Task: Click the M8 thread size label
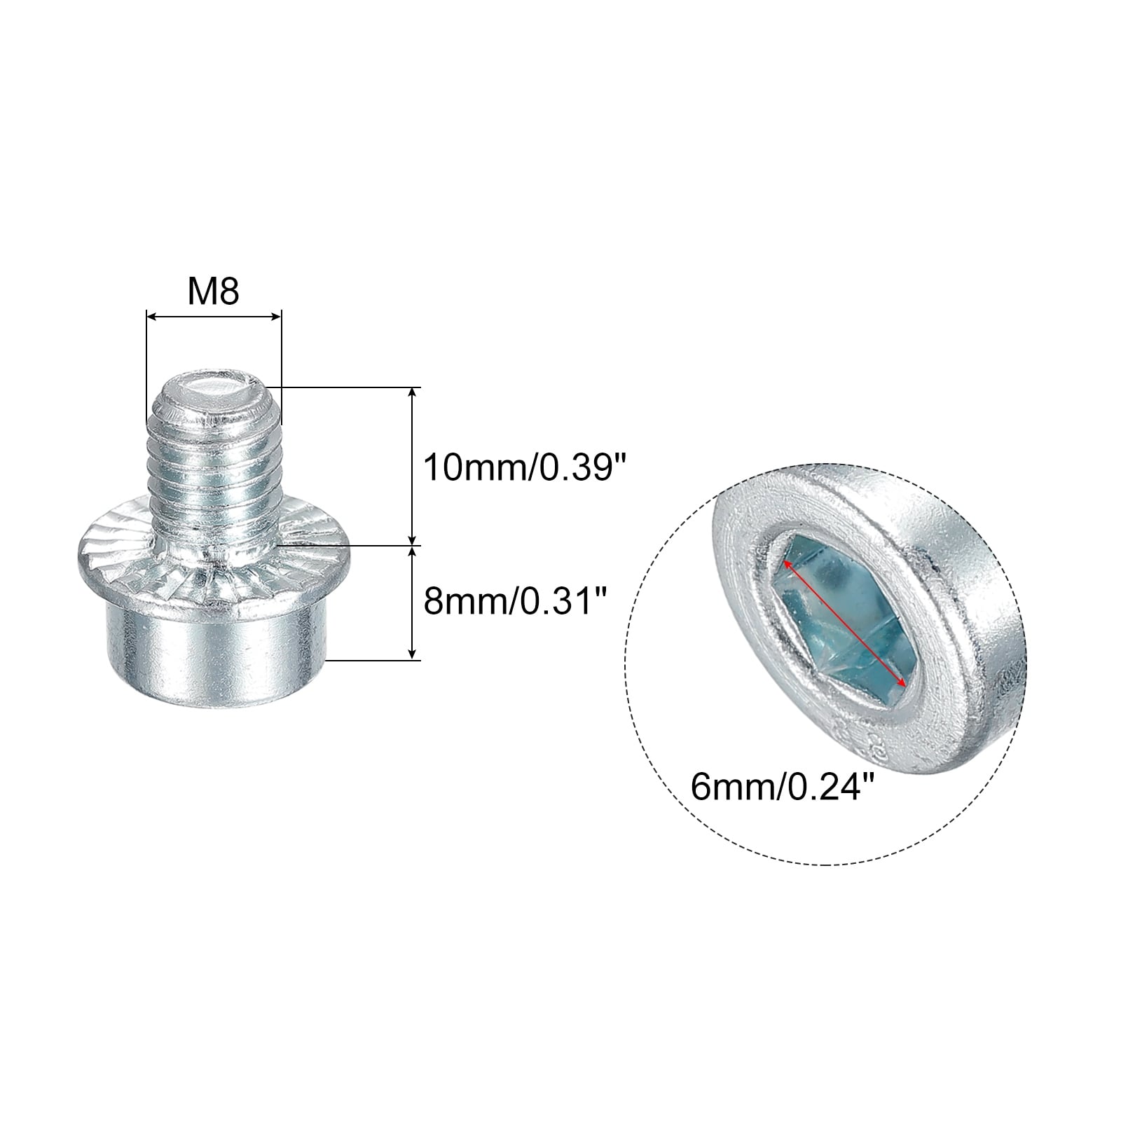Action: (213, 291)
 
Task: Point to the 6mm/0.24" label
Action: (783, 787)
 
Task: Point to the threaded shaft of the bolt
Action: (214, 462)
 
